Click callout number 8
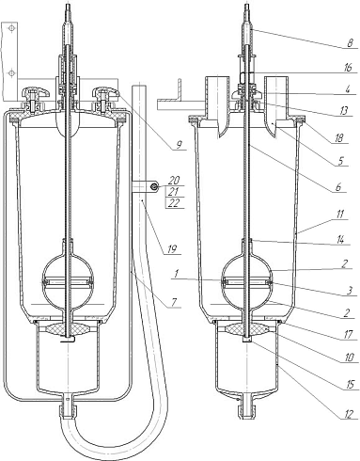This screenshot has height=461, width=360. (x=352, y=43)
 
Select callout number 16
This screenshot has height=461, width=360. (x=348, y=68)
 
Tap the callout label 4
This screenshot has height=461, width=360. (x=348, y=89)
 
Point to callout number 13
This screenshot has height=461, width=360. (x=344, y=111)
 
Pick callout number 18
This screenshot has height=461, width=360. (x=339, y=138)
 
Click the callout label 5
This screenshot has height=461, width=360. (x=341, y=161)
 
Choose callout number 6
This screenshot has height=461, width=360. (x=338, y=187)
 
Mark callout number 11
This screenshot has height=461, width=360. (x=339, y=215)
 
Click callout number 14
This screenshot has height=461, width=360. (x=340, y=240)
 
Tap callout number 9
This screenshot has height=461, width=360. (x=179, y=145)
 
